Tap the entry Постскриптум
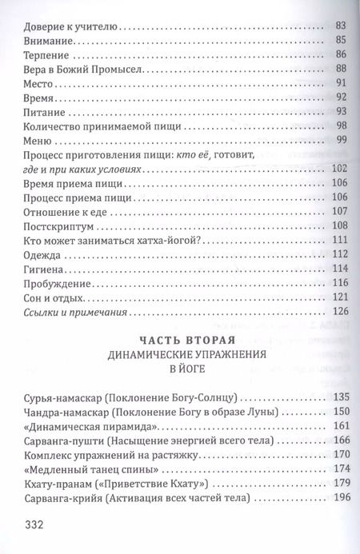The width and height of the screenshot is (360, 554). [x=60, y=226]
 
